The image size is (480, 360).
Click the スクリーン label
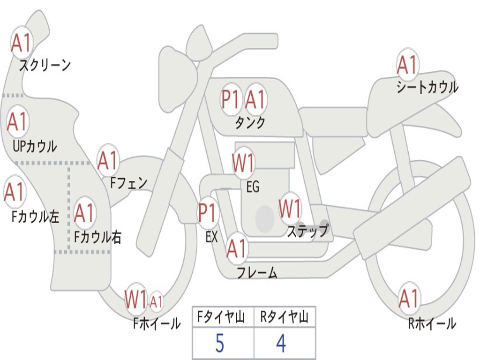[45, 65]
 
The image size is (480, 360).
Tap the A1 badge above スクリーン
[21, 43]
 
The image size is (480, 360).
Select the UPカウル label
[35, 146]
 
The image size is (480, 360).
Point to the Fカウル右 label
[98, 237]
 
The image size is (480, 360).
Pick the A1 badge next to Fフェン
[108, 161]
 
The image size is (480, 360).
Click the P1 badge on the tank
[231, 99]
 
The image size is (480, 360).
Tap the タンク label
[250, 123]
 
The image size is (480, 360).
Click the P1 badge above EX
[208, 213]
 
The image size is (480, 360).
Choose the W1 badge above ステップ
[290, 209]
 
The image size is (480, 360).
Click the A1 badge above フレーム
[237, 248]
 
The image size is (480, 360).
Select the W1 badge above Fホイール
[135, 300]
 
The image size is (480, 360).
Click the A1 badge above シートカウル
[407, 65]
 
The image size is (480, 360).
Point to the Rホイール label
[432, 323]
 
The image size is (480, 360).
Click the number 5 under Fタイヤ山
[219, 344]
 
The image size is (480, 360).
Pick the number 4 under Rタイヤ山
[281, 344]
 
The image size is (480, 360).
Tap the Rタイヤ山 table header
[284, 318]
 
